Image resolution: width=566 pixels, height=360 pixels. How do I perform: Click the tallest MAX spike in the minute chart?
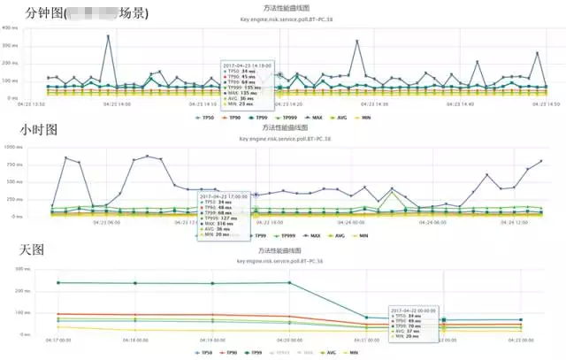tap(109, 36)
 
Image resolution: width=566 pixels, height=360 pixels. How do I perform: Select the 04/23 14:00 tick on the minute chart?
tap(116, 104)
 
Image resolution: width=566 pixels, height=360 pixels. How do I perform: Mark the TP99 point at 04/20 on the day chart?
tap(289, 283)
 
